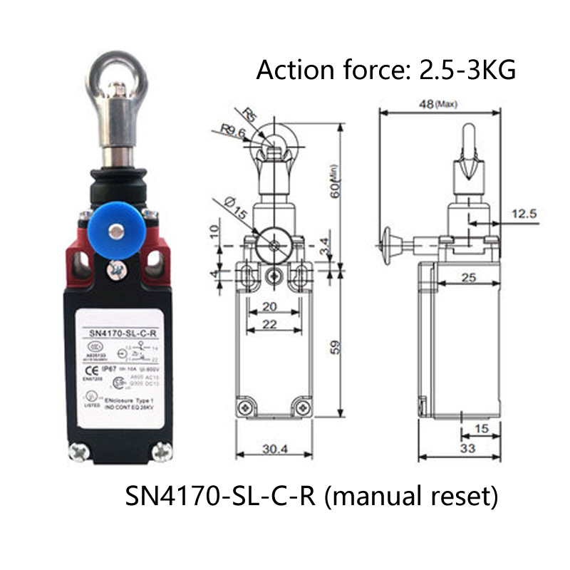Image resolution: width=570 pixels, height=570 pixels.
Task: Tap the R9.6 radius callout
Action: click(x=233, y=131)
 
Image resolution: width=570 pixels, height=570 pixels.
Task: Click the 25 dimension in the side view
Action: click(x=467, y=277)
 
